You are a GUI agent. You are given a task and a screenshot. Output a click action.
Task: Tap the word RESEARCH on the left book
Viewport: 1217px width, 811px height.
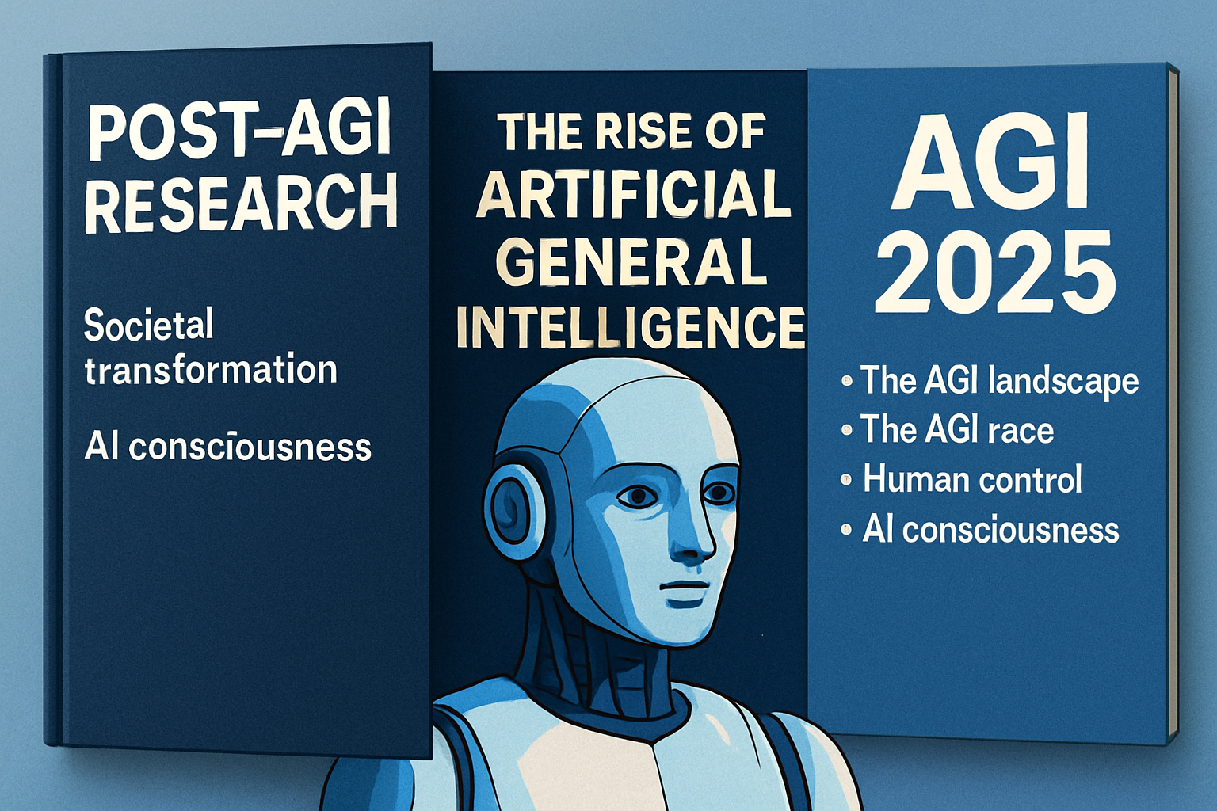(x=241, y=204)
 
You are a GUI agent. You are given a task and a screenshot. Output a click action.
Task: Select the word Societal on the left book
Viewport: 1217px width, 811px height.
(x=148, y=324)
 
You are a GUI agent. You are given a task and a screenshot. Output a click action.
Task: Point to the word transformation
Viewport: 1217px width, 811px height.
(x=211, y=369)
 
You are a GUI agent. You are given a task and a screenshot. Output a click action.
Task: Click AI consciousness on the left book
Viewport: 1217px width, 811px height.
(x=228, y=447)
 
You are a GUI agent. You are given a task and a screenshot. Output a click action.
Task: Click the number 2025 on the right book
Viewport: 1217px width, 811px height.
(x=995, y=271)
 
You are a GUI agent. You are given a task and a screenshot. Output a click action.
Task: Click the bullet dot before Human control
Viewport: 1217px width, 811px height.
(x=846, y=480)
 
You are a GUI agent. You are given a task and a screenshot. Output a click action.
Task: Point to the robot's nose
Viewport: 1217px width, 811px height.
(x=692, y=538)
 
